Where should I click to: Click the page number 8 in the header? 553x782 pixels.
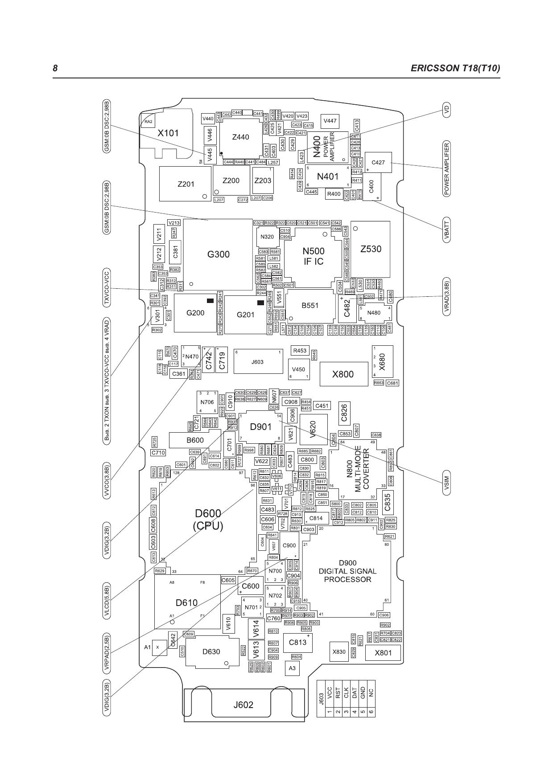[x=55, y=68]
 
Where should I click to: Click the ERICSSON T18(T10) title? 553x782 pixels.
[x=455, y=68]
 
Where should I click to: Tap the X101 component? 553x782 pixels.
[x=168, y=133]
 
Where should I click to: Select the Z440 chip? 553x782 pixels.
[x=240, y=137]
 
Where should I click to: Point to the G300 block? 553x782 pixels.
[x=219, y=254]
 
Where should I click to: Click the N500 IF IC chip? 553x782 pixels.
[x=314, y=257]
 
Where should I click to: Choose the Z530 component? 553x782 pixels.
[x=371, y=249]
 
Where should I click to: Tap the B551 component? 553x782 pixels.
[x=310, y=306]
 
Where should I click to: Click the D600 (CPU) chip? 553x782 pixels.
[x=208, y=520]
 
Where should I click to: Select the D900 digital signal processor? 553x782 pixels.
[x=347, y=571]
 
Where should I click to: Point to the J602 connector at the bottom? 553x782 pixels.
[x=243, y=704]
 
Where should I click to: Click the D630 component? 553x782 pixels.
[x=211, y=651]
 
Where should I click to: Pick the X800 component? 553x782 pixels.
[x=343, y=374]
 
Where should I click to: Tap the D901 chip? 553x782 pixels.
[x=260, y=427]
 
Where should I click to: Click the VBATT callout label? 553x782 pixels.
[x=446, y=230]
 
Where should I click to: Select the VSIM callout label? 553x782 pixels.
[x=446, y=485]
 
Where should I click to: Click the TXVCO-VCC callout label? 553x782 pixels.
[x=107, y=289]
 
